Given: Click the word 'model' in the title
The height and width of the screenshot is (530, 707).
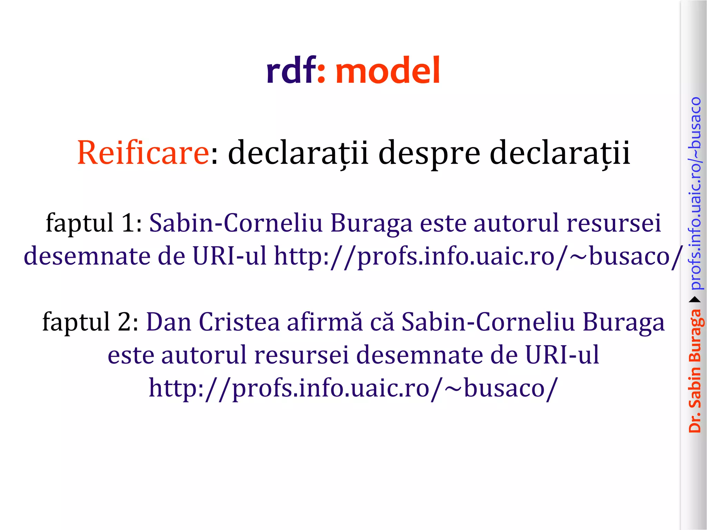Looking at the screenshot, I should pyautogui.click(x=388, y=71).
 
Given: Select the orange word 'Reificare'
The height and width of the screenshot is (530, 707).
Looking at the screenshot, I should pyautogui.click(x=143, y=153).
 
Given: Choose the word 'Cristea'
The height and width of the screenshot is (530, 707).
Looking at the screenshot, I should pyautogui.click(x=239, y=322).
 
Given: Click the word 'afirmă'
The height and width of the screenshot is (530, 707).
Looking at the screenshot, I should pyautogui.click(x=325, y=322).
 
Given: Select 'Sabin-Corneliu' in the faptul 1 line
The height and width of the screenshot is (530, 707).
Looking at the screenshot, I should pyautogui.click(x=236, y=223).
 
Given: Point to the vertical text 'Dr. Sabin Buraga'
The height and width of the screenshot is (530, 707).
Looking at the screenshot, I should pyautogui.click(x=695, y=371).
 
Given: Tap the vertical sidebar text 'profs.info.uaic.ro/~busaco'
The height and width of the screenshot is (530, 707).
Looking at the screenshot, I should pyautogui.click(x=695, y=193).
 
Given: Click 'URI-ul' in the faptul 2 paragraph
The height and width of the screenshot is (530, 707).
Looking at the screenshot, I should pyautogui.click(x=562, y=355).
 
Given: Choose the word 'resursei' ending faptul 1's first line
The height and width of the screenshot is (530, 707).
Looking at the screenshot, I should pyautogui.click(x=613, y=223).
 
